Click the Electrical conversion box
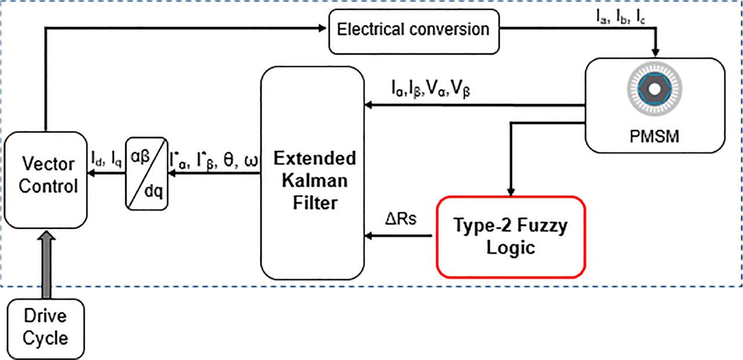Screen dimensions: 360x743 click(413, 28)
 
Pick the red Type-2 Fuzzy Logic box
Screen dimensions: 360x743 click(510, 236)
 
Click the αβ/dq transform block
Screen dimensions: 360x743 click(146, 172)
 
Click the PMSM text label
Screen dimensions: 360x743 click(655, 139)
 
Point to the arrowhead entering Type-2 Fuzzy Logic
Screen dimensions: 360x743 click(510, 193)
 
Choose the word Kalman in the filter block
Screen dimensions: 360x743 click(313, 181)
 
